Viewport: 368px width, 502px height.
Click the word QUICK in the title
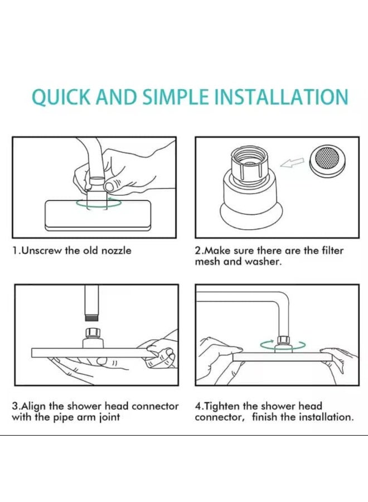pyautogui.click(x=62, y=96)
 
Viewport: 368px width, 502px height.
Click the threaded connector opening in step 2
pyautogui.click(x=249, y=157)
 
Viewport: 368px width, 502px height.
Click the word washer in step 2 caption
pyautogui.click(x=263, y=262)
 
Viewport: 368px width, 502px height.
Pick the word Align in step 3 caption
pyautogui.click(x=33, y=406)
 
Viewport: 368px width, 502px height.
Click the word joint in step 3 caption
pyautogui.click(x=110, y=417)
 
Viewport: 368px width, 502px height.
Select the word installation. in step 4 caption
pyautogui.click(x=326, y=417)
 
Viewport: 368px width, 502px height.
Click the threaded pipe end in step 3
pyautogui.click(x=93, y=318)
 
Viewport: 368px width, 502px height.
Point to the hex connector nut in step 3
pyautogui.click(x=93, y=332)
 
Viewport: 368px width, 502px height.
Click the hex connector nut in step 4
pyautogui.click(x=283, y=339)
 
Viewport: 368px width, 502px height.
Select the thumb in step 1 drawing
pyautogui.click(x=113, y=185)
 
